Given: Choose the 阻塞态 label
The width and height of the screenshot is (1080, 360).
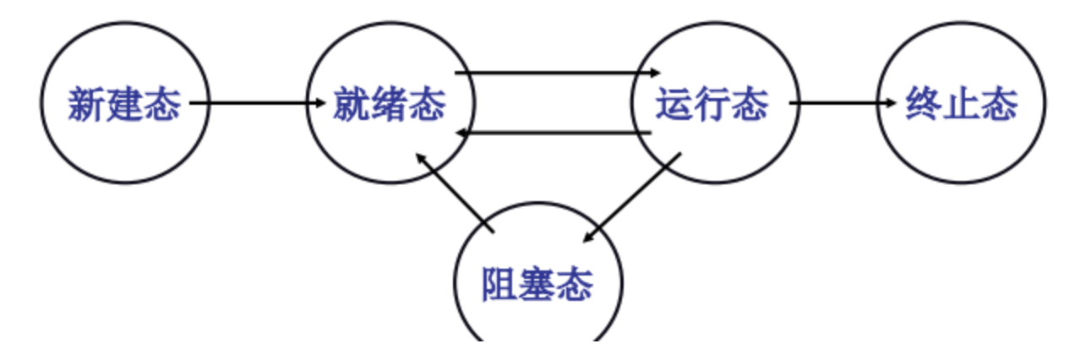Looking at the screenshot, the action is (x=537, y=284).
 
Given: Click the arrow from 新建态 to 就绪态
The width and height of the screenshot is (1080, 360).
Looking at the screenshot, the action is (x=258, y=104).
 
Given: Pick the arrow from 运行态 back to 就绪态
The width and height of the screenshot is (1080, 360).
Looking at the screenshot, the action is (x=554, y=134).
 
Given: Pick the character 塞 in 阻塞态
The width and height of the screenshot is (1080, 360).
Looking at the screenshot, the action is (x=537, y=284).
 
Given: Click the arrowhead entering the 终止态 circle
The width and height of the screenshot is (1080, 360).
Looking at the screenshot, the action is (x=889, y=104).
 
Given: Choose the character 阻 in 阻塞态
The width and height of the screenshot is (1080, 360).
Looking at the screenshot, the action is (x=499, y=284).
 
